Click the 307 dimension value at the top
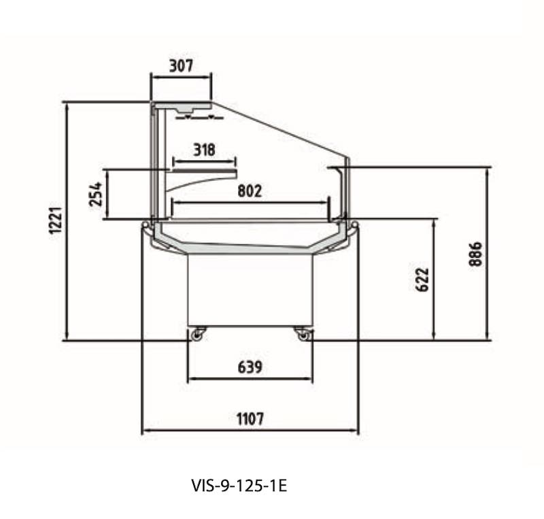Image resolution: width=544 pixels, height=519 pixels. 181,65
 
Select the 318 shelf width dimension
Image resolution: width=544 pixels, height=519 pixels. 204,150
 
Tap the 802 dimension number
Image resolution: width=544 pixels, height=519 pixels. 250,191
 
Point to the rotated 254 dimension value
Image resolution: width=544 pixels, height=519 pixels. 96,194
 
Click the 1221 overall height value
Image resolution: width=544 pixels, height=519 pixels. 56,220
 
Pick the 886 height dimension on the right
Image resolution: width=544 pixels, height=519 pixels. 475,254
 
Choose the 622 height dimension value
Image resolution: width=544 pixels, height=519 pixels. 422,280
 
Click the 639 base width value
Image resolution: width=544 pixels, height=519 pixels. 250,367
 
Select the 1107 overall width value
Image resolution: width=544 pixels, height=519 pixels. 250,419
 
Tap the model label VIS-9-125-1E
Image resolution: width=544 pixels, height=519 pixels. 239,485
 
